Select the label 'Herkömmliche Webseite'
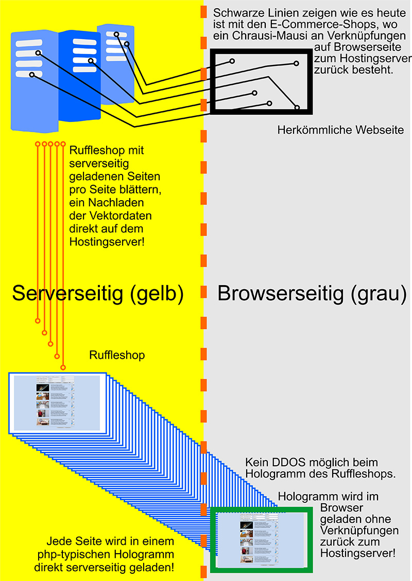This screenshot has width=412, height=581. (x=340, y=130)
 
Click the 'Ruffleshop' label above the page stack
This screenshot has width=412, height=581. (x=117, y=355)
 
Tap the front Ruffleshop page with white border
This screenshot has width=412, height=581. (x=57, y=403)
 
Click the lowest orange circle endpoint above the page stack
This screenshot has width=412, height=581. (x=63, y=367)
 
